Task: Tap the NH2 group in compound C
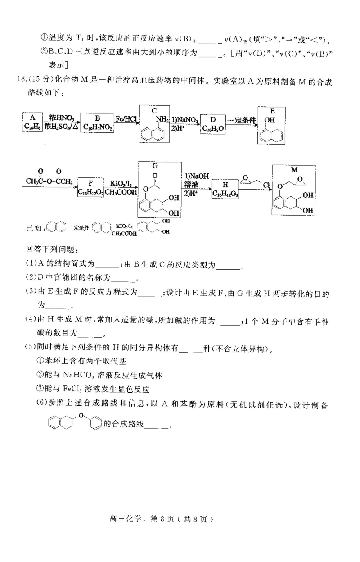coord(163,118)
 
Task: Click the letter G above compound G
coord(154,167)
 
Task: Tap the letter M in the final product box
coord(294,170)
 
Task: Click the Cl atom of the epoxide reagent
coord(266,185)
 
